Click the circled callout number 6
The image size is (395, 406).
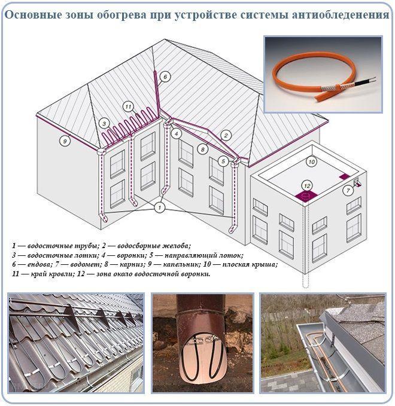pyautogui.click(x=165, y=77)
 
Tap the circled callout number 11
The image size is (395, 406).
pyautogui.click(x=128, y=106)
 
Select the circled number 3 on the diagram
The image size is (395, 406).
pyautogui.click(x=104, y=123)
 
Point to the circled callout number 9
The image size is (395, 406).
pyautogui.click(x=65, y=141)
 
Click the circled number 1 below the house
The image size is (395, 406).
pyautogui.click(x=160, y=207)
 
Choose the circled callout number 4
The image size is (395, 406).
pyautogui.click(x=177, y=134)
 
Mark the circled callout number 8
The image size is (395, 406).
pyautogui.click(x=203, y=149)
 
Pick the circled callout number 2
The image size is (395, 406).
pyautogui.click(x=226, y=135)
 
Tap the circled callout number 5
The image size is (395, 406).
pyautogui.click(x=223, y=161)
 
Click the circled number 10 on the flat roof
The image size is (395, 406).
pyautogui.click(x=312, y=162)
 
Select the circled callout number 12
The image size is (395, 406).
pyautogui.click(x=307, y=185)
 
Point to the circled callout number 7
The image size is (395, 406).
pyautogui.click(x=348, y=191)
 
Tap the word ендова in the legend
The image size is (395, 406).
pyautogui.click(x=38, y=265)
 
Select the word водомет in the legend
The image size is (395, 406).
pyautogui.click(x=83, y=265)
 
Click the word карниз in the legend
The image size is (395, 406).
pyautogui.click(x=130, y=265)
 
